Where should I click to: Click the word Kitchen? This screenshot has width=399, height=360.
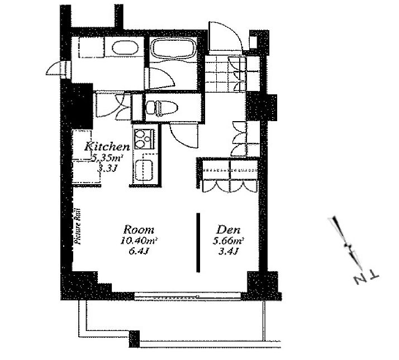point(107,146)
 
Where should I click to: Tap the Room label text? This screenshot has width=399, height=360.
point(139,229)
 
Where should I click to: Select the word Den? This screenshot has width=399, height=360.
point(228,230)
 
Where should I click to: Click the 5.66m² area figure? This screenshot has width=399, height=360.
point(229,241)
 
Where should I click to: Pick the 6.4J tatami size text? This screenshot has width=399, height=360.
point(139,251)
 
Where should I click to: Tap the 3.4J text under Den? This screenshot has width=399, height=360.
point(228,252)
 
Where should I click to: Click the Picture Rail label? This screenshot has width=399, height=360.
point(77,227)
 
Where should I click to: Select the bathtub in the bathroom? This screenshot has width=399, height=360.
point(173,49)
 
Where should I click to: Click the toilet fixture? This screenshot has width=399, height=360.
point(161,108)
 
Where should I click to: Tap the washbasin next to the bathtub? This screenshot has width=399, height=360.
point(125,47)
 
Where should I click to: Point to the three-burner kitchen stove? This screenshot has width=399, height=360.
point(144,139)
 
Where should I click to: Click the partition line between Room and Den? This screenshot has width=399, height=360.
point(198,243)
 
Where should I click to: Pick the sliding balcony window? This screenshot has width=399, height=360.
point(187,296)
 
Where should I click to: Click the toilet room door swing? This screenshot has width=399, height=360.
point(184,135)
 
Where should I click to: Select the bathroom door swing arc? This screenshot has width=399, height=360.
point(161,78)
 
